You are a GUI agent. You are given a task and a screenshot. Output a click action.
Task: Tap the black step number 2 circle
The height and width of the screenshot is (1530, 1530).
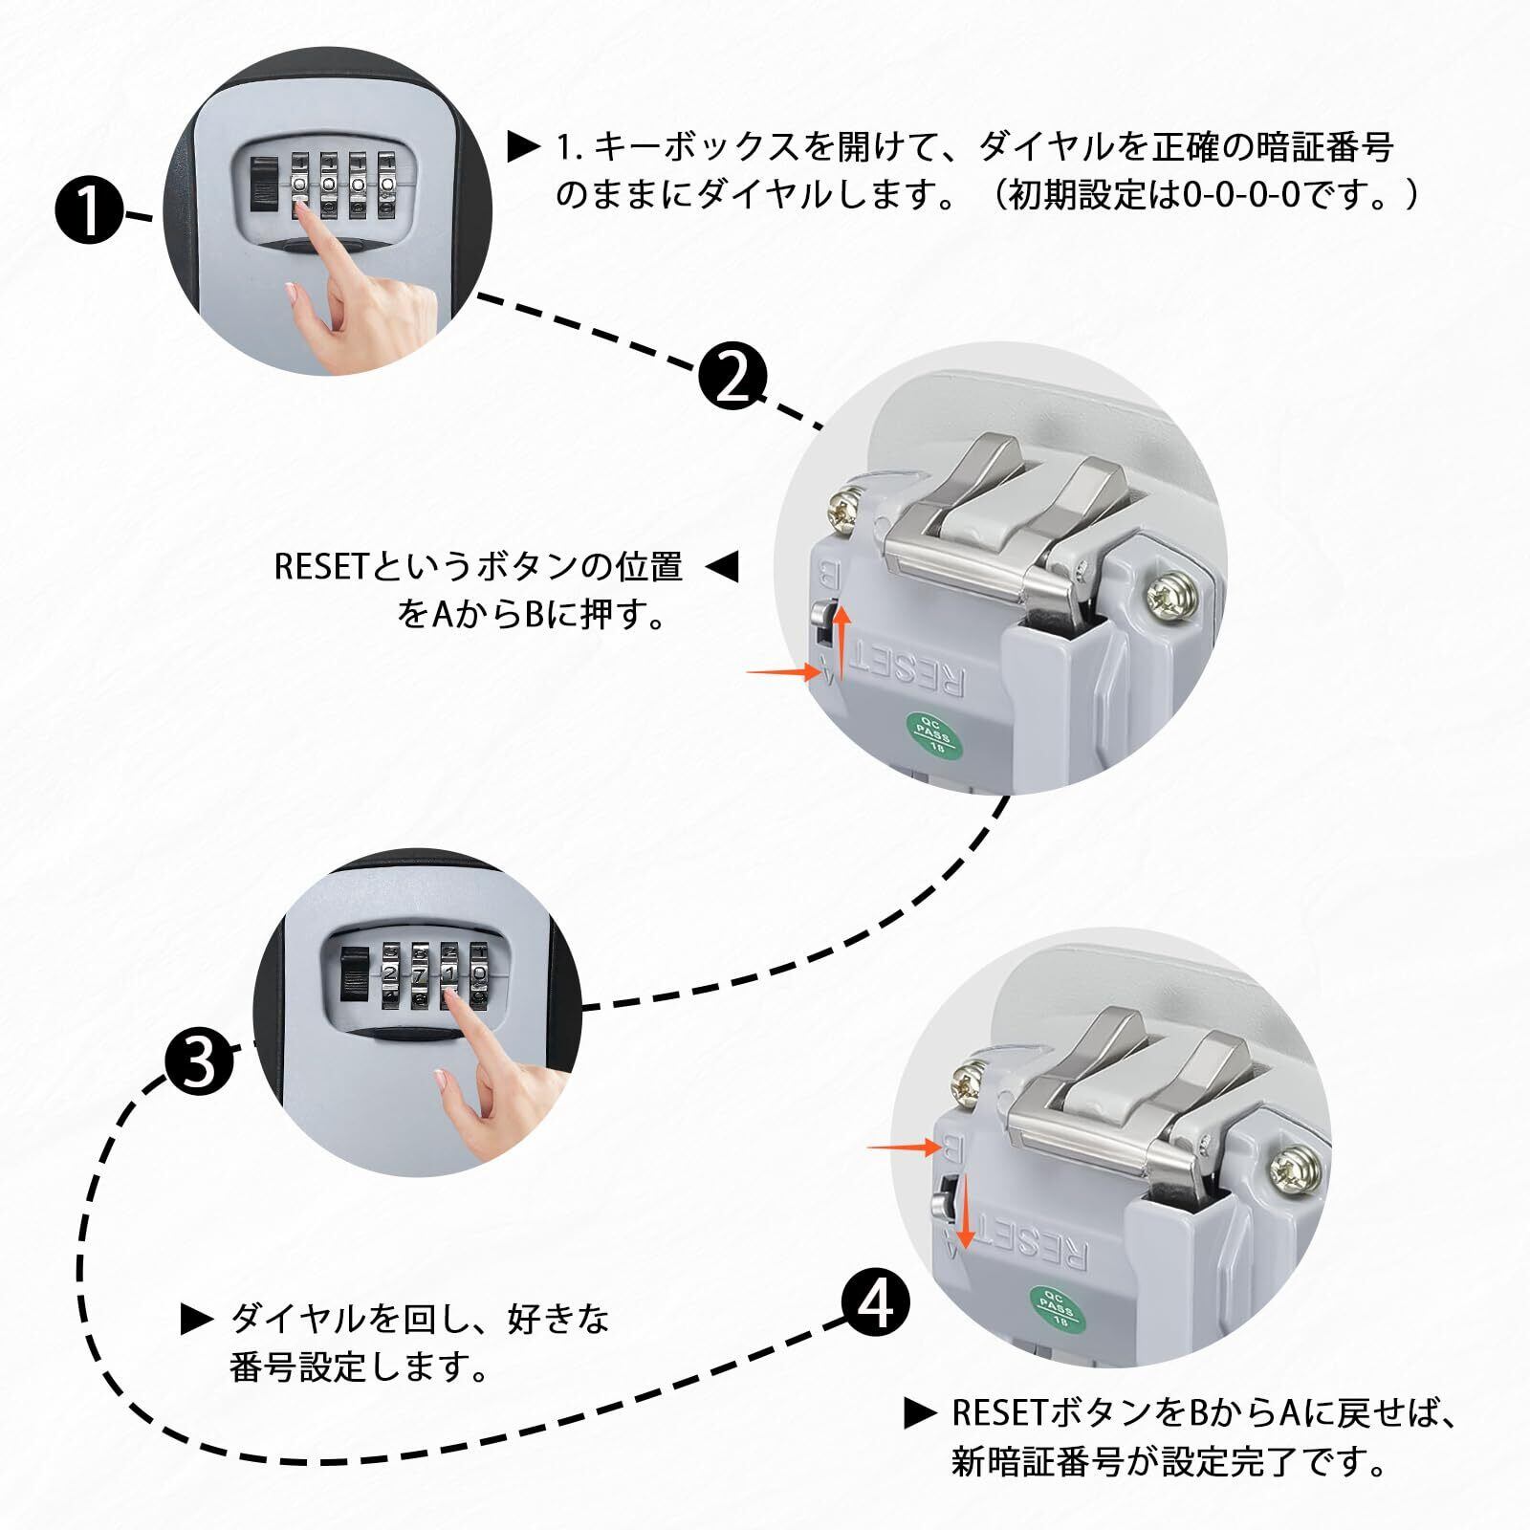coord(732,380)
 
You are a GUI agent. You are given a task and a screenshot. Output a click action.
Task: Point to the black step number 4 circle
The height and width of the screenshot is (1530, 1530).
coord(876,1303)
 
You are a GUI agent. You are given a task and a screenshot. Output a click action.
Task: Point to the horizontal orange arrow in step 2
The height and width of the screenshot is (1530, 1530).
coord(782,672)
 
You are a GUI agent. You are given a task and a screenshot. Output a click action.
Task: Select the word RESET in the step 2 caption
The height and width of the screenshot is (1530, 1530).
coord(320,566)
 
